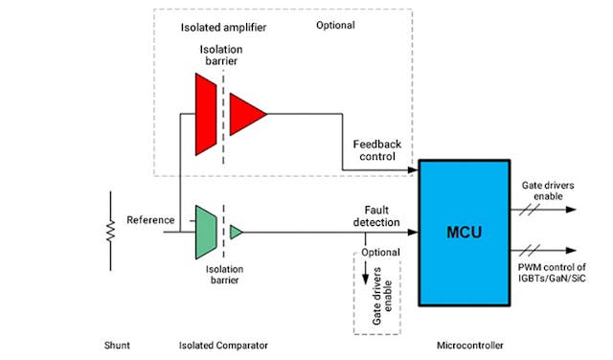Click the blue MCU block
(467, 233)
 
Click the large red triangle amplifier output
(248, 114)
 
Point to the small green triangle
(236, 231)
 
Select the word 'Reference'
(150, 220)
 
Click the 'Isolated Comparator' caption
(223, 344)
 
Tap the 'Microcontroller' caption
(468, 344)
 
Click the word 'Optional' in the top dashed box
(335, 26)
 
